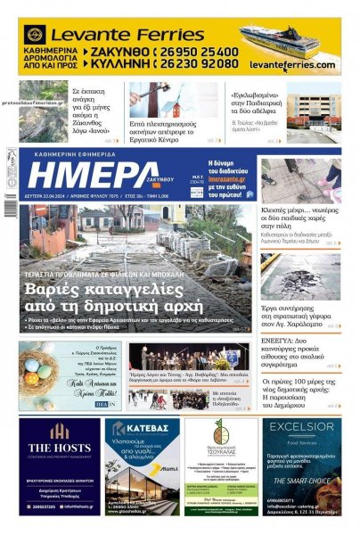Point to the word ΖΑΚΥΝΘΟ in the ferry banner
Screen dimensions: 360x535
pyautogui.click(x=120, y=53)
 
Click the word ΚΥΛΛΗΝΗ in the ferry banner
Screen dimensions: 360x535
pyautogui.click(x=120, y=64)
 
